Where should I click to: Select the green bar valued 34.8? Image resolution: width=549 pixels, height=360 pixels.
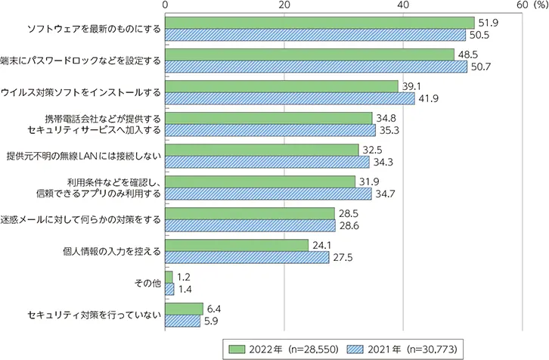tap(268, 118)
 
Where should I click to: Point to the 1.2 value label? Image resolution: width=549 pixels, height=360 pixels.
tap(184, 278)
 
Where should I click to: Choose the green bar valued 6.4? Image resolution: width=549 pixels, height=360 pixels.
tap(185, 309)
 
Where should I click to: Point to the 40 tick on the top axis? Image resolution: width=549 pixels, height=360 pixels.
tap(403, 5)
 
